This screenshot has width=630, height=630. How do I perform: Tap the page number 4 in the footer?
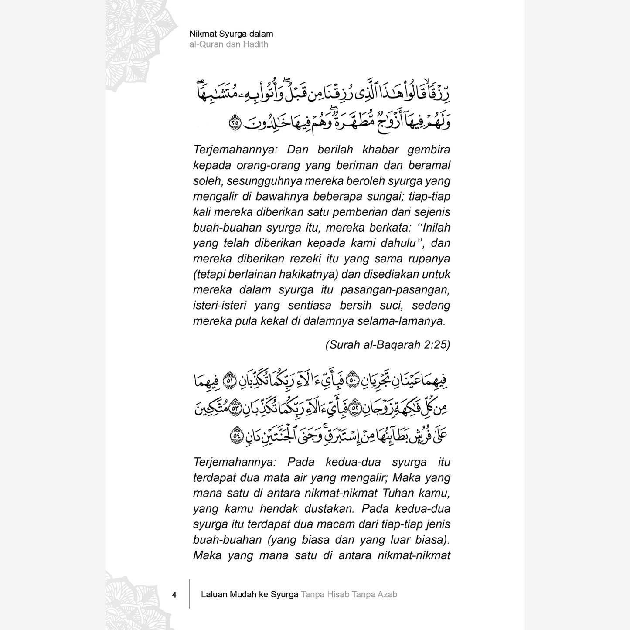tap(174, 595)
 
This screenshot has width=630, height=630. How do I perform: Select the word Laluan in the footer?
tap(215, 594)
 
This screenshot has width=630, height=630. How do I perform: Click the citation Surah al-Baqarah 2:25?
tap(388, 345)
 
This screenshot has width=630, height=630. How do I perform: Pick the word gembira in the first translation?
tap(429, 150)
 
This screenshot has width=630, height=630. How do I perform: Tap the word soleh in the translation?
tap(207, 181)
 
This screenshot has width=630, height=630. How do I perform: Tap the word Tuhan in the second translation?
tap(398, 493)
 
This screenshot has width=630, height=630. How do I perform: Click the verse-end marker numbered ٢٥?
tap(235, 123)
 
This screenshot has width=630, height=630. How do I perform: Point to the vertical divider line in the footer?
tap(190, 594)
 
